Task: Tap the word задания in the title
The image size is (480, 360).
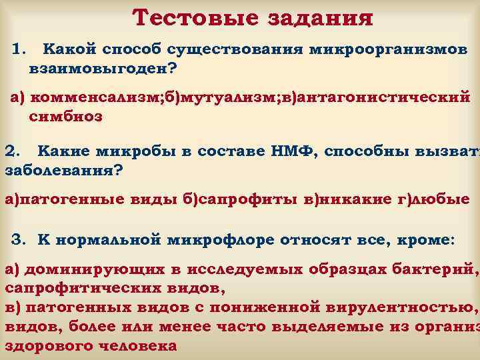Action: tap(315, 18)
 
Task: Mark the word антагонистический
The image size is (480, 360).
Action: tap(387, 99)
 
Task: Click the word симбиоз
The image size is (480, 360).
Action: tap(66, 117)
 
